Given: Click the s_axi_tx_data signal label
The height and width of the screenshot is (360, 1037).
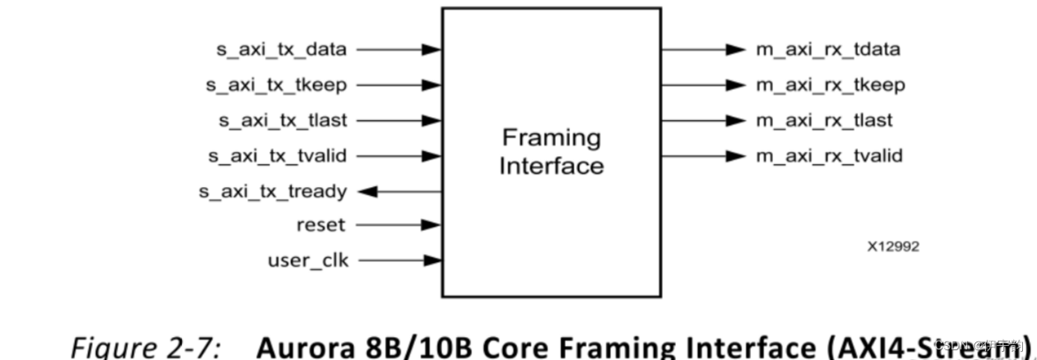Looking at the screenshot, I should tap(282, 49).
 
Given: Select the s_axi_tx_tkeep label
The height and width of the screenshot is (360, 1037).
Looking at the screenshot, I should tap(276, 85).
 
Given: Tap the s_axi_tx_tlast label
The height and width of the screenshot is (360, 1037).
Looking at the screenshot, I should tap(282, 120).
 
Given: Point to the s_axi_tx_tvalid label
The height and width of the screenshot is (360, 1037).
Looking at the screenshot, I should tap(276, 155).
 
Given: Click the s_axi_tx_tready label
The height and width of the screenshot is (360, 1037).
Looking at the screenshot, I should tap(276, 191).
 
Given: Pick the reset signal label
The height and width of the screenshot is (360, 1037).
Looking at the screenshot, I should tap(320, 225).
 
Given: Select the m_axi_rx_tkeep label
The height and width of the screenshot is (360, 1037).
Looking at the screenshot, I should tap(829, 85).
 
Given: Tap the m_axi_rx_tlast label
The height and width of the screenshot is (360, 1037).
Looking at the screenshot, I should tap(823, 120).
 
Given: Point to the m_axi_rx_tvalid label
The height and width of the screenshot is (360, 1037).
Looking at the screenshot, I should tap(828, 155).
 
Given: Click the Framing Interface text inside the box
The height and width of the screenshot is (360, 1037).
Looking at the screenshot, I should tap(551, 151).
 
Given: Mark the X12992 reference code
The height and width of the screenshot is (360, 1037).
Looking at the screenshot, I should tap(893, 247).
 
